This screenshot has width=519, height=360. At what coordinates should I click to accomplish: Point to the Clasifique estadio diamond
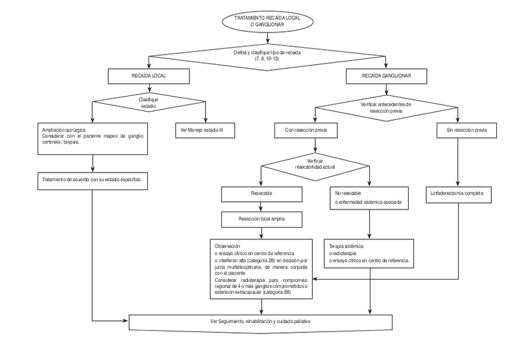pos(149,101)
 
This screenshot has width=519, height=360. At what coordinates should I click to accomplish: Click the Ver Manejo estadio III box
pos(206,130)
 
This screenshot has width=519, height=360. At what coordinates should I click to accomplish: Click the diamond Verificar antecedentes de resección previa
pos(386,107)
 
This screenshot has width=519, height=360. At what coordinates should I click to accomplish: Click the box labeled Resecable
pos(262,193)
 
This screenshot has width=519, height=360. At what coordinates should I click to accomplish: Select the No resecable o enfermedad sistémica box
pos(370,198)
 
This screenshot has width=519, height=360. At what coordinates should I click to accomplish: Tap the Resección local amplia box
pos(262,219)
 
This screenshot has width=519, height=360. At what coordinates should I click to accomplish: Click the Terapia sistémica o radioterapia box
pos(370,254)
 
